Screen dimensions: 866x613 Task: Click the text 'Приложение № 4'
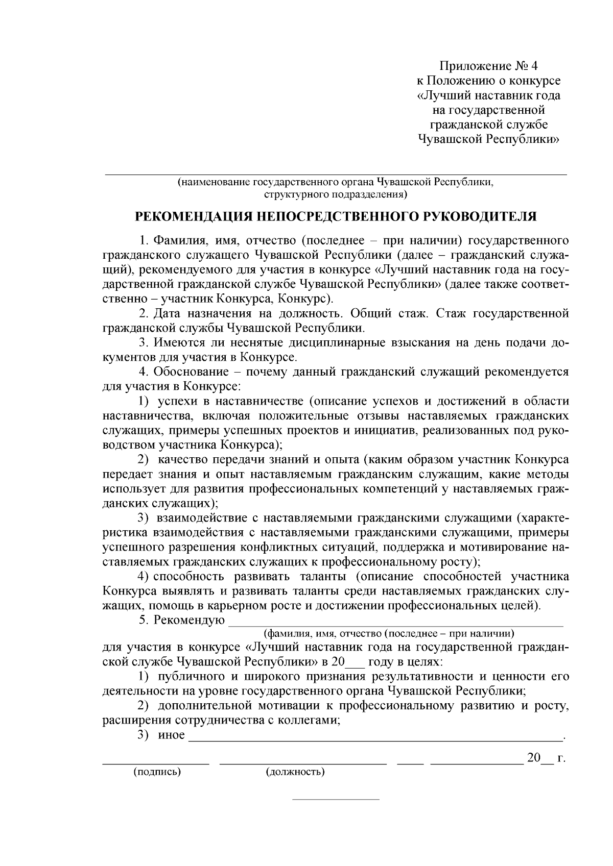[x=489, y=66]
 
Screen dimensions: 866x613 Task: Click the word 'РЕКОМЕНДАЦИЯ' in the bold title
[x=194, y=217]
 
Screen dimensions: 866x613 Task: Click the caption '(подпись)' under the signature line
[x=157, y=772]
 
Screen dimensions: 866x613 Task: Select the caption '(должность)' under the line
[x=295, y=772]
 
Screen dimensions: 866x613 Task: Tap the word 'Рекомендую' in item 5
[x=190, y=620]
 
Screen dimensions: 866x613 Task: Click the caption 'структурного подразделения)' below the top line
[x=336, y=194]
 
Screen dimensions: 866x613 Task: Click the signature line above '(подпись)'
[x=156, y=763]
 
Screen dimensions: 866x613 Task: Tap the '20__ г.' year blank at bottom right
[x=546, y=758]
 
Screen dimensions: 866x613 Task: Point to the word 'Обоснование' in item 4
[x=190, y=372]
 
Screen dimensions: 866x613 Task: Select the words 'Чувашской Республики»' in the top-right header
[x=489, y=139]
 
